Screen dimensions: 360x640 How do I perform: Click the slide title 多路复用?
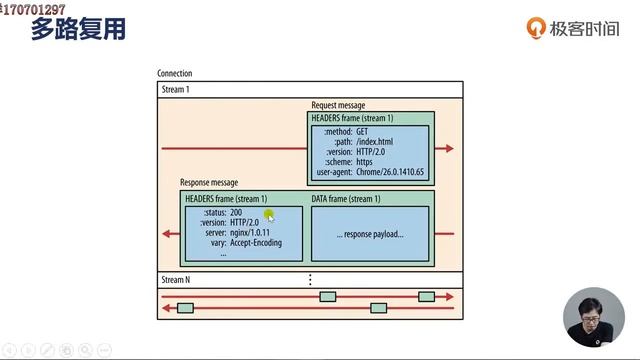tap(78, 29)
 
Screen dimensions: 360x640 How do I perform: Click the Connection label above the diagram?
tap(175, 73)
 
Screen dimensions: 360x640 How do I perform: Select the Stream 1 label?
tap(176, 89)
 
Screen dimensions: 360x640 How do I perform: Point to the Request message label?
tap(338, 105)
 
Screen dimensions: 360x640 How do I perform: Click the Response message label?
tap(209, 183)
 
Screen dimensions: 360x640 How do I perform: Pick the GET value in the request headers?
tap(362, 131)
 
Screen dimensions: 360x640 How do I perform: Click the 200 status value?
tap(236, 212)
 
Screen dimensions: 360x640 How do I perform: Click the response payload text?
tap(370, 234)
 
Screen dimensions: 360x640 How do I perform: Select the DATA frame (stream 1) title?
tap(347, 199)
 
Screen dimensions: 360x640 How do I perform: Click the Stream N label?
tap(176, 279)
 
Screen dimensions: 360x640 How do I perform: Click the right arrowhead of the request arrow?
tap(449, 148)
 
